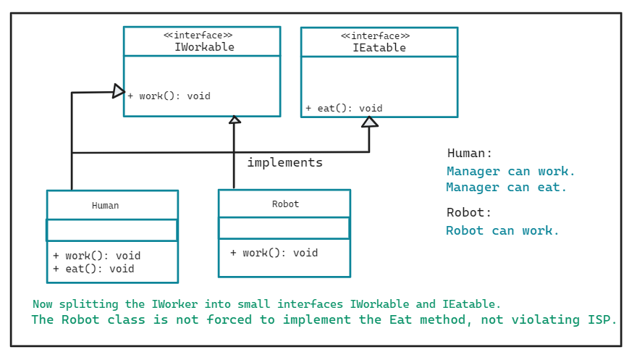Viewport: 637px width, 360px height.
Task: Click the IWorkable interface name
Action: tap(204, 47)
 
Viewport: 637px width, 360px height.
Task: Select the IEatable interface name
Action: tap(379, 48)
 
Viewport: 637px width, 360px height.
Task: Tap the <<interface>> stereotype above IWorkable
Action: tap(198, 35)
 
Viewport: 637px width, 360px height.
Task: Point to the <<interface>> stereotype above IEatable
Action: tap(375, 35)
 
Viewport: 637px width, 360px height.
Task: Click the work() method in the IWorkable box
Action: tap(169, 96)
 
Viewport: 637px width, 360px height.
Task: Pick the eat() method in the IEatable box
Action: tap(344, 109)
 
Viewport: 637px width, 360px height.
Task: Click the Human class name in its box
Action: tap(105, 206)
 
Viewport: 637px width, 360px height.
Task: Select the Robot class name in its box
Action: tap(285, 204)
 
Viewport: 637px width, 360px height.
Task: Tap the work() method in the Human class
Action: tap(97, 256)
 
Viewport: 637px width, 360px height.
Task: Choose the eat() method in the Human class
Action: tap(94, 269)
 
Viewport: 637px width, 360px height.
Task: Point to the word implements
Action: tap(284, 162)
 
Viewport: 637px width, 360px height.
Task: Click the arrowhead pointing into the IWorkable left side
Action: tap(119, 91)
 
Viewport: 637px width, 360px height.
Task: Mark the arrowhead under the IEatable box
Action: tap(370, 122)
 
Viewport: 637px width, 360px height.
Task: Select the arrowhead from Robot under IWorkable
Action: tap(234, 120)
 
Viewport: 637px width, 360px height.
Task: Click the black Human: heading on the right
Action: tap(470, 154)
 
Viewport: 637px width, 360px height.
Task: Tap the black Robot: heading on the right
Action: tap(469, 213)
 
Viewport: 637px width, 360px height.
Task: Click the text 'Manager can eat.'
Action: tap(507, 188)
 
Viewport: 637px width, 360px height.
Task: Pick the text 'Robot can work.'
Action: tap(502, 231)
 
